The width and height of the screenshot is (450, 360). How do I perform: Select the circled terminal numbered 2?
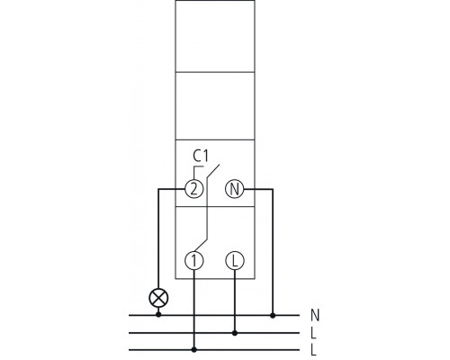[192, 189]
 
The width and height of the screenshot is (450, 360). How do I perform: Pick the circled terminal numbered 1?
[195, 260]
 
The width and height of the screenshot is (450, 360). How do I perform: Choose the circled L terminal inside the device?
[236, 260]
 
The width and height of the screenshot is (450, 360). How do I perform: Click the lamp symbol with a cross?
[159, 295]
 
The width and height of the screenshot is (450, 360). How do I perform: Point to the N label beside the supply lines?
[315, 315]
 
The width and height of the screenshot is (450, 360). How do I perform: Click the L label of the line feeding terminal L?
[315, 332]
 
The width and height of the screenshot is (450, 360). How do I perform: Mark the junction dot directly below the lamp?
[159, 315]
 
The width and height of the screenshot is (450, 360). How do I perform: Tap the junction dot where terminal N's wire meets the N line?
[274, 315]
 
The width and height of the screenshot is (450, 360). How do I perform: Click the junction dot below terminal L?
[236, 332]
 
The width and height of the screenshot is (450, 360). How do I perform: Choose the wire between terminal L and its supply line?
[236, 301]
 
